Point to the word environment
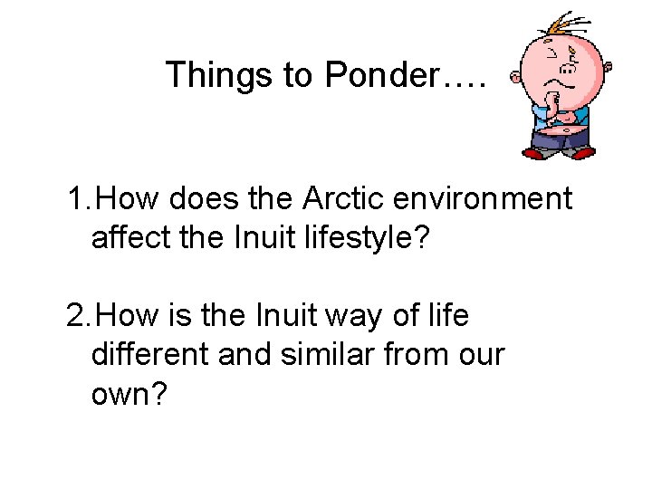coord(484,198)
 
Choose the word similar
coord(331,356)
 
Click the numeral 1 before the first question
coord(75,198)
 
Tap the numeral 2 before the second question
coord(76,316)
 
